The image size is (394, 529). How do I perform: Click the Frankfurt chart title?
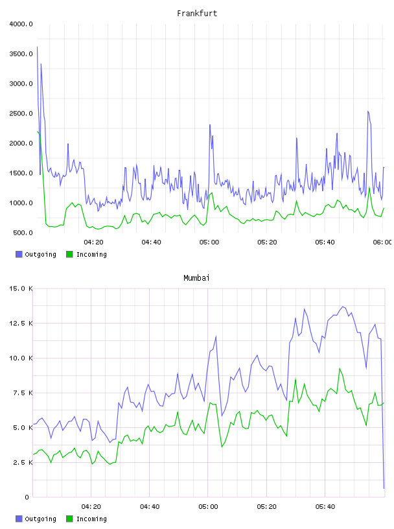pos(197,14)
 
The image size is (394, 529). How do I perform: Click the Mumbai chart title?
pos(196,278)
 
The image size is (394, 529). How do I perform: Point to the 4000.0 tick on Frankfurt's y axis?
pos(21,24)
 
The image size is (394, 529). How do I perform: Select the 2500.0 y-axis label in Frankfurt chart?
pos(21,113)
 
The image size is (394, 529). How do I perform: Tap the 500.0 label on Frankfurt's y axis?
pos(23,233)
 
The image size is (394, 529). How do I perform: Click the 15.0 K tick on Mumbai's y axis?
pos(21,288)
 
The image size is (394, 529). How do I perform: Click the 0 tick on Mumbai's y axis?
pos(27,497)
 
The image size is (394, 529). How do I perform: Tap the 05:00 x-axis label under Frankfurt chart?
pos(209,242)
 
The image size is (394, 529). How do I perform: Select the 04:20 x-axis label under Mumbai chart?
pos(91,507)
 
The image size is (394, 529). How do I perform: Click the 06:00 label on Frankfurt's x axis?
pos(382,242)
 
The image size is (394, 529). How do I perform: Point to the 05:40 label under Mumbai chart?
pos(325,507)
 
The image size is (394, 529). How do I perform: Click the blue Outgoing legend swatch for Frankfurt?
pos(19,254)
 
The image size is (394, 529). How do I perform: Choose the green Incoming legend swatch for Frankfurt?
pos(69,254)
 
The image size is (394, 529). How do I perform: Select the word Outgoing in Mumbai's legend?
pos(40,519)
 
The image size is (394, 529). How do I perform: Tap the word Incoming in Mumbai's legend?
pos(91,519)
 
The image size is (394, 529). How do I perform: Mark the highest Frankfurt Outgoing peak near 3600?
pos(37,47)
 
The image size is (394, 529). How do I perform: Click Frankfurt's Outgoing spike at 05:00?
pos(210,125)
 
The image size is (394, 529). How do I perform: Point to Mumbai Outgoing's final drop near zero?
pos(384,488)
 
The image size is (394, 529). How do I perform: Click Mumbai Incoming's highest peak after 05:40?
pos(340,369)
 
